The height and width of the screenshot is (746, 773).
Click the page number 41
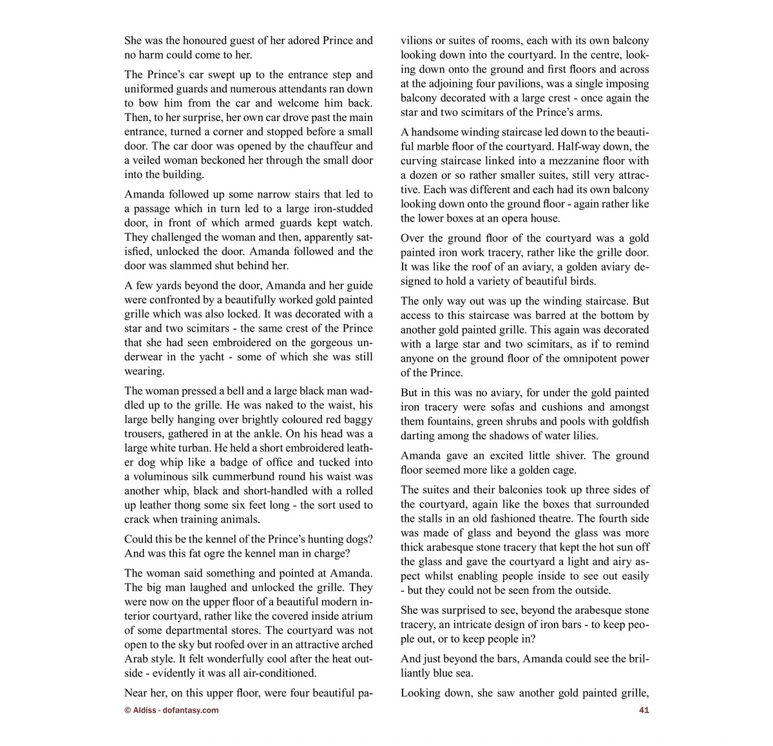[x=644, y=711]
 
